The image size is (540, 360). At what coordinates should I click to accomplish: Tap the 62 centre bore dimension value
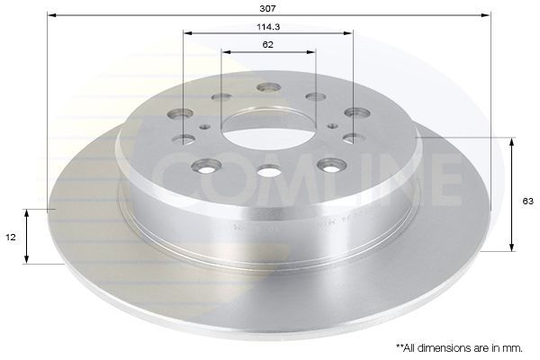(x=268, y=44)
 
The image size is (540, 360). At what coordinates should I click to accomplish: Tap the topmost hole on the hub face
(x=268, y=87)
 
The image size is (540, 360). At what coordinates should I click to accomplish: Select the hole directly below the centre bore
(x=268, y=171)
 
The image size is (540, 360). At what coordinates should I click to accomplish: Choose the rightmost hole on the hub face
(x=357, y=113)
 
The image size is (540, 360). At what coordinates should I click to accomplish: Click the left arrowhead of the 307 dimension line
(x=51, y=15)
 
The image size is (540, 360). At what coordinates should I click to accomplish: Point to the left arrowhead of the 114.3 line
(x=186, y=34)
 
